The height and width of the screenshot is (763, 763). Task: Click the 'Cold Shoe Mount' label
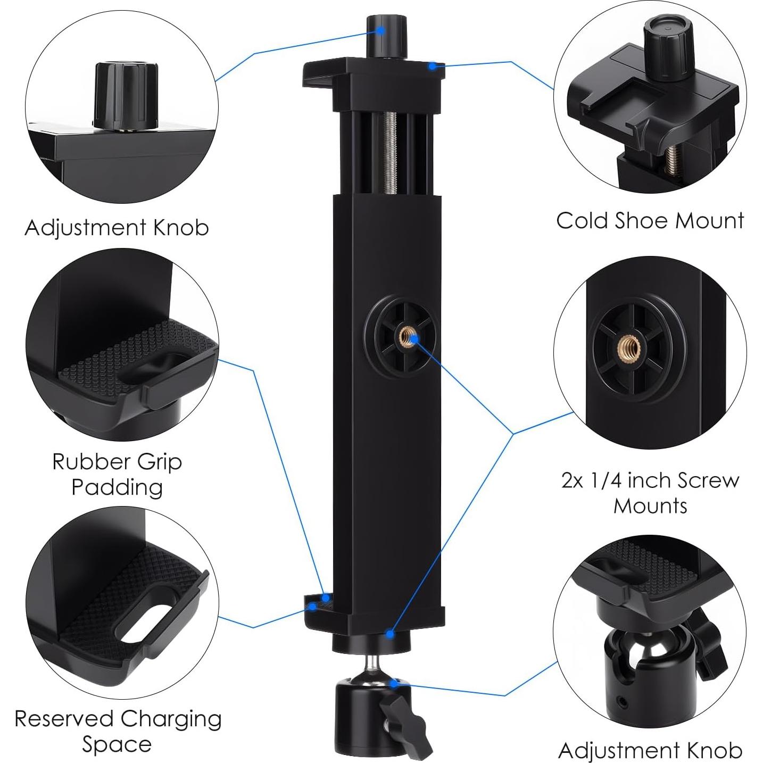pos(650,221)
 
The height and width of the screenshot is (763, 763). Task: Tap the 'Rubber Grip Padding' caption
pos(117,474)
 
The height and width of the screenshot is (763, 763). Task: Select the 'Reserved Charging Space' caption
pos(118,731)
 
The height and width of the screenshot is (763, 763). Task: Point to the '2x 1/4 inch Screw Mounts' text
pos(650,493)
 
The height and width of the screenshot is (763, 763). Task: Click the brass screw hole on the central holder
pos(408,336)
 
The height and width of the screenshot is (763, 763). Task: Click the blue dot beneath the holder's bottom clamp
pos(390,634)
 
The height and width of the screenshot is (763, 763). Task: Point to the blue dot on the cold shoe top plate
pos(434,66)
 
